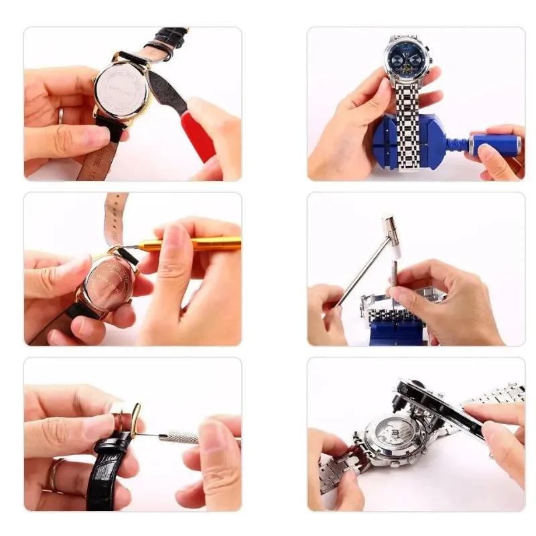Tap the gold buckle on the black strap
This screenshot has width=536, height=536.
[135, 418]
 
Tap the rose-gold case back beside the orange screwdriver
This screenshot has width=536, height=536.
[107, 285]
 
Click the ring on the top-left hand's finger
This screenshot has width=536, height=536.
[60, 115]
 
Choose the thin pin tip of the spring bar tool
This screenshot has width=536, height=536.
[151, 435]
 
